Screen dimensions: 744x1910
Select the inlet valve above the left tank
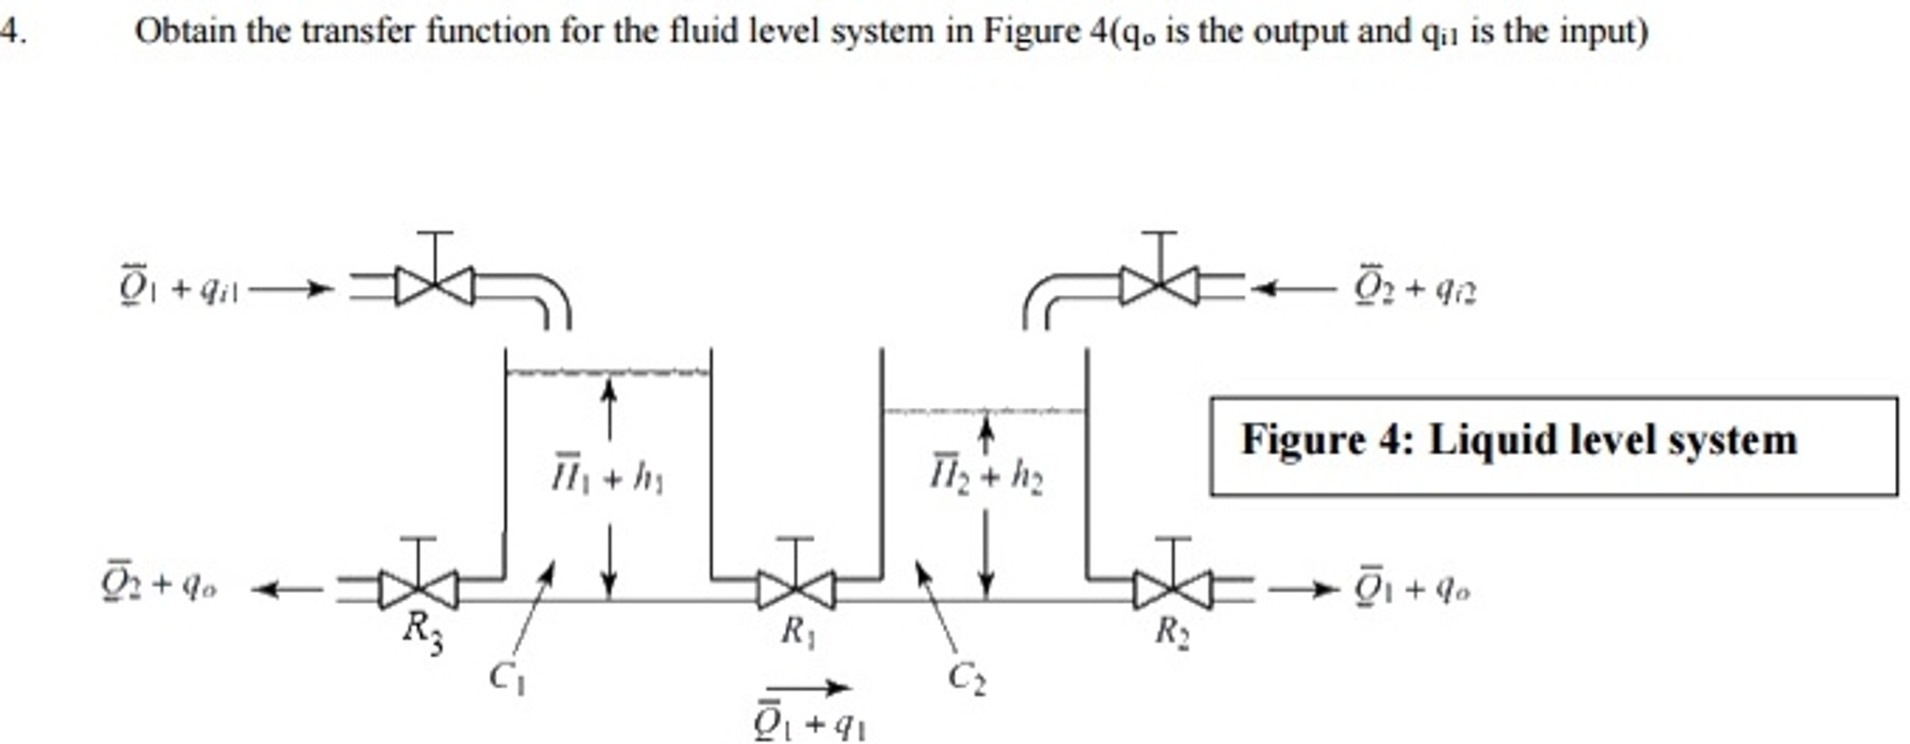point(435,286)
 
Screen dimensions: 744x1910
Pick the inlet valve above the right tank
point(1159,286)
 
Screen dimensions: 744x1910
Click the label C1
point(507,677)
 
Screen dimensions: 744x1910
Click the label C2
point(966,677)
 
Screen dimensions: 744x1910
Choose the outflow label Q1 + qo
point(1412,588)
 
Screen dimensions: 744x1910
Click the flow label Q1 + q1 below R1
point(809,723)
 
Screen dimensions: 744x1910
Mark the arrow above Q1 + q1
point(808,689)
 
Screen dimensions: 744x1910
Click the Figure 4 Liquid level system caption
point(1518,440)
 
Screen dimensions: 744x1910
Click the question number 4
point(10,32)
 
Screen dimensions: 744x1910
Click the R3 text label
point(423,632)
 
